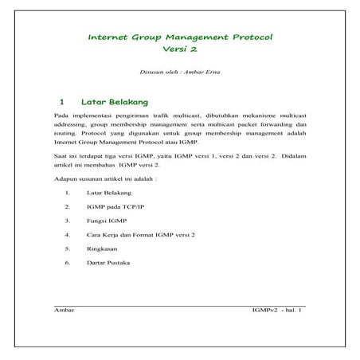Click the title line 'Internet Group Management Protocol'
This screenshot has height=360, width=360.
coord(179,37)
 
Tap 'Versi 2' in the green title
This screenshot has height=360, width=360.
coord(179,49)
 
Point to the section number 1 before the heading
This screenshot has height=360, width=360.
coord(61,103)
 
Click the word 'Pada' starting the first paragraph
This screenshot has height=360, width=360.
coord(60,117)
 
